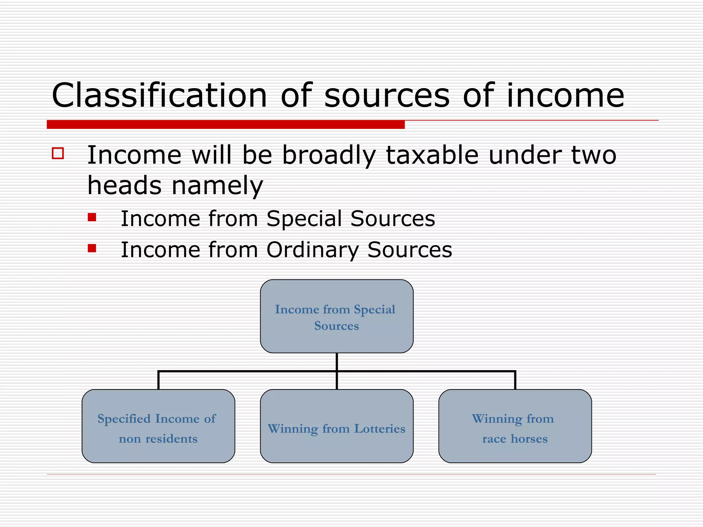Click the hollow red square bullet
tap(58, 153)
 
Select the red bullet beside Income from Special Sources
tap(92, 217)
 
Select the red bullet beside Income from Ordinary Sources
tap(92, 248)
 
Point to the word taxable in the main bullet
tap(432, 155)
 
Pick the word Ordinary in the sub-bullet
tap(312, 249)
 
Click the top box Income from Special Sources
tap(337, 316)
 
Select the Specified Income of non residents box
tap(158, 426)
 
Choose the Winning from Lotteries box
tap(337, 426)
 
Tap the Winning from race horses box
tap(515, 426)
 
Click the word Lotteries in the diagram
tap(380, 429)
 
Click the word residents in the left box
tap(171, 439)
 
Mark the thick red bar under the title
tap(226, 125)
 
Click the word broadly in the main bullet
tap(329, 155)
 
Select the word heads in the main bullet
tap(124, 186)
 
